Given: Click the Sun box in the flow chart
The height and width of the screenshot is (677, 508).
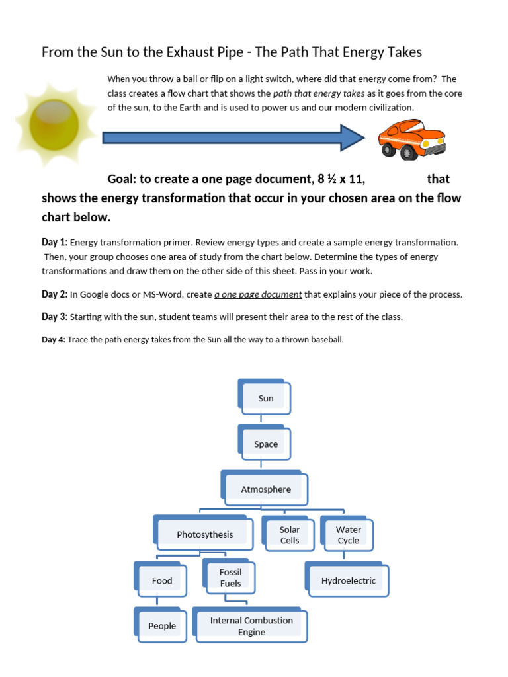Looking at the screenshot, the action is (265, 399).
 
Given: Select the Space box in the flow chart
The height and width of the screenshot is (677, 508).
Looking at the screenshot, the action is (265, 444).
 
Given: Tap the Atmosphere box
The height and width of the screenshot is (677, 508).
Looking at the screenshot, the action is (265, 489).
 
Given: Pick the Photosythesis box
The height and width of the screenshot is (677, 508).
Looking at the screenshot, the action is (204, 534).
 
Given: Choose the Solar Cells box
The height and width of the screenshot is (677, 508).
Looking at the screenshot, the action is (289, 535).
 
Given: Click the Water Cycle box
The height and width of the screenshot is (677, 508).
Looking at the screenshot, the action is (348, 535).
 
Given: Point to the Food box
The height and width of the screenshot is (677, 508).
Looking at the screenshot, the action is (161, 580).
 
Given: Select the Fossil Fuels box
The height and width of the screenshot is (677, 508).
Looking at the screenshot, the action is (230, 577).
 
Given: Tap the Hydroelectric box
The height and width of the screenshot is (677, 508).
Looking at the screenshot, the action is (348, 581).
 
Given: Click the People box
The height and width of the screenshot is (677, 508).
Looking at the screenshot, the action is (161, 625).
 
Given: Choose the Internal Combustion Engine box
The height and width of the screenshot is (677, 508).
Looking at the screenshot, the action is (251, 626).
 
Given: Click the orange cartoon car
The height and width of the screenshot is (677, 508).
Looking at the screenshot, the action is (411, 139).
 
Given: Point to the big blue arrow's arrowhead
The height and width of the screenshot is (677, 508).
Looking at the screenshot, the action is (353, 138).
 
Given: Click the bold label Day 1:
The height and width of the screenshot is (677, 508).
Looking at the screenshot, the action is (54, 243).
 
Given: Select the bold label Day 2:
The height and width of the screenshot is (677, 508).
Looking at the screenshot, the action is (54, 294).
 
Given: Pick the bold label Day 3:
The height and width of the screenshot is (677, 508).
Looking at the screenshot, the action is (54, 317).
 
